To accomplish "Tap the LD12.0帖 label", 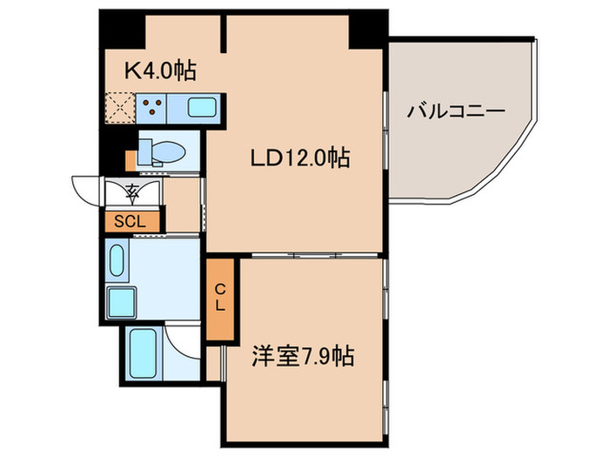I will tap(300, 158).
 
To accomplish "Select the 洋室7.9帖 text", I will tap(303, 356).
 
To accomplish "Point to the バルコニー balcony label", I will tap(456, 111).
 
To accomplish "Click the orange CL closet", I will tap(221, 299).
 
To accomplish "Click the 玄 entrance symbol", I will tap(132, 190).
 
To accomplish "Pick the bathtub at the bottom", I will tap(142, 353).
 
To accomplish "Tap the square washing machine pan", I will tap(119, 303).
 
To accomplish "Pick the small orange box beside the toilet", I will tap(130, 161).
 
